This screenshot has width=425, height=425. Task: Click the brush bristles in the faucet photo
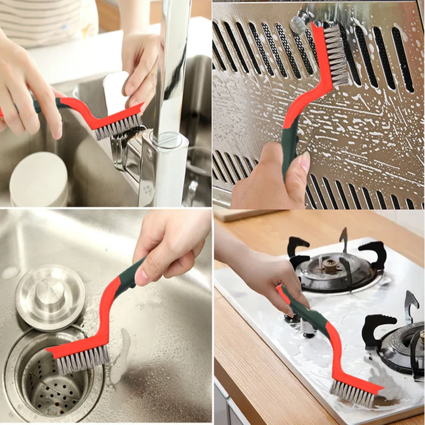coord(118,126)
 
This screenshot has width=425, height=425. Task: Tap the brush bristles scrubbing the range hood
coord(336,56)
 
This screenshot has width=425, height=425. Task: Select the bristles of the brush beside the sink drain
coord(82,362)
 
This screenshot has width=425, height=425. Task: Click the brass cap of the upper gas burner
coord(331,265)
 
